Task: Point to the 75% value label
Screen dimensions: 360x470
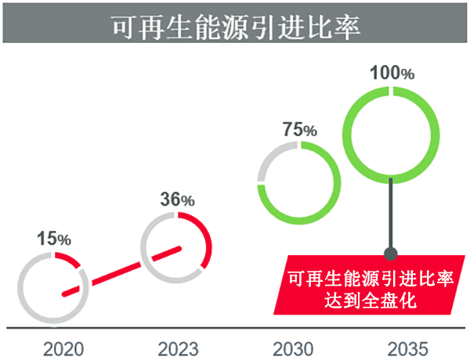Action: pos(299,130)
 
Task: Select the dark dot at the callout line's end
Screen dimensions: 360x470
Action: pos(391,252)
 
